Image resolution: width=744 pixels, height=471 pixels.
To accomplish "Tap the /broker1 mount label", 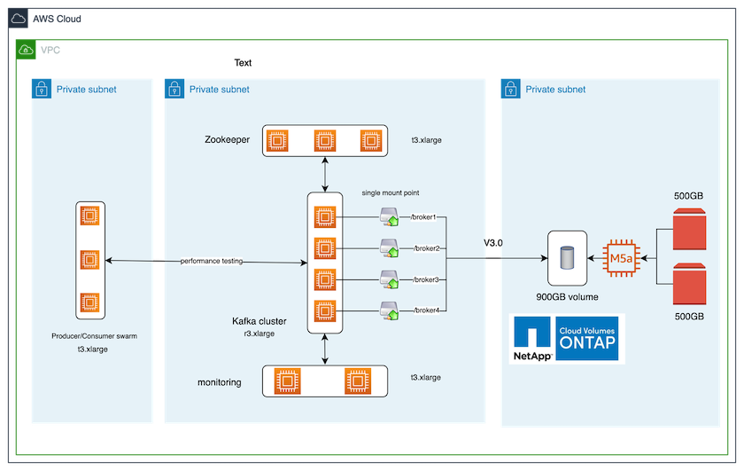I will point(425,217).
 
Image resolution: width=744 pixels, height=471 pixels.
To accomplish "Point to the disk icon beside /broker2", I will point(389,247).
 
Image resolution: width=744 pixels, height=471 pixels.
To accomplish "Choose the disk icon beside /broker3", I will point(389,279).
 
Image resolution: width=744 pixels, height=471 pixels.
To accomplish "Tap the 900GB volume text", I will point(566,296).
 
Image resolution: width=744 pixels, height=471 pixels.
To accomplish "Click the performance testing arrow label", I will point(211,262).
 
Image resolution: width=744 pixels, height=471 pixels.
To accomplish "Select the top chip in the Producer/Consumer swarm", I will point(89,216).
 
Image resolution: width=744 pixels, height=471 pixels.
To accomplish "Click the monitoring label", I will point(220,382).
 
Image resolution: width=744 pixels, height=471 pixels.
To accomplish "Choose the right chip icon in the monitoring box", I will point(359,381).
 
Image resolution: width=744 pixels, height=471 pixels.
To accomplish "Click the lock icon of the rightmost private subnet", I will point(511,88).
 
